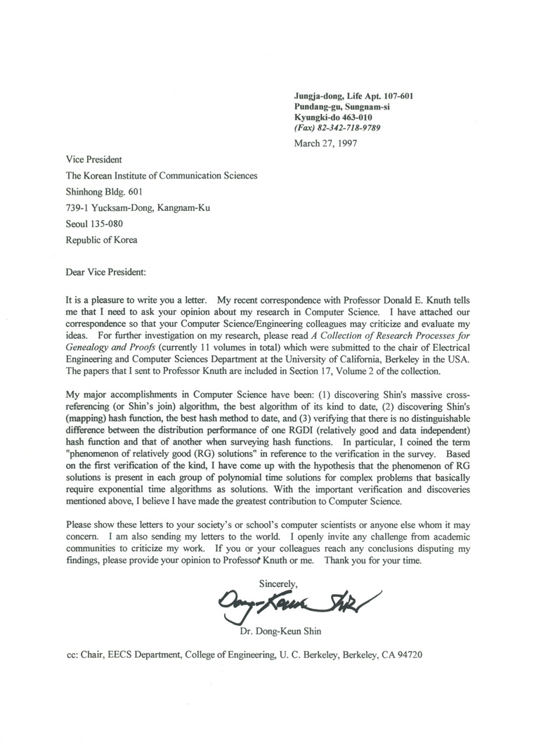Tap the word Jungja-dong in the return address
click(x=318, y=95)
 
